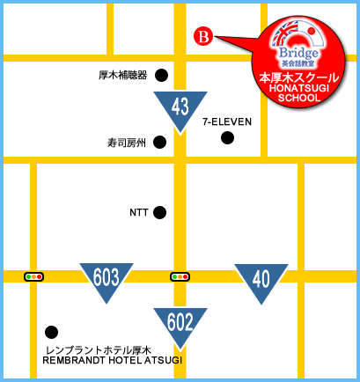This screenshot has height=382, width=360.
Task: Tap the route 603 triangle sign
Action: pyautogui.click(x=106, y=280)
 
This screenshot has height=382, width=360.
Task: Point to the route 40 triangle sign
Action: pyautogui.click(x=261, y=280)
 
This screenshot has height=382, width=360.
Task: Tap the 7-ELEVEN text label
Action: pyautogui.click(x=227, y=121)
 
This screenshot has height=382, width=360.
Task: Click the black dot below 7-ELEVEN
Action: pyautogui.click(x=227, y=137)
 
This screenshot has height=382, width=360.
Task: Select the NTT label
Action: pyautogui.click(x=139, y=212)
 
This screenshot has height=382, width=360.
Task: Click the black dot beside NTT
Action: pyautogui.click(x=159, y=212)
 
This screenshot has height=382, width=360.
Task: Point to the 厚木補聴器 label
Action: pyautogui.click(x=123, y=75)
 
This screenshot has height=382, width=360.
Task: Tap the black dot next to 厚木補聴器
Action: pyautogui.click(x=160, y=75)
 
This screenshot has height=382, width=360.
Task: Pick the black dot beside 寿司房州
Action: pyautogui.click(x=159, y=142)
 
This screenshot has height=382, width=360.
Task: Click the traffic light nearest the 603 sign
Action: pyautogui.click(x=35, y=276)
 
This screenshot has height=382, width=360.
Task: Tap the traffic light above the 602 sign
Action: pyautogui.click(x=180, y=276)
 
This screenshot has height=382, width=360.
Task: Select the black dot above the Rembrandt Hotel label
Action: pyautogui.click(x=52, y=332)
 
